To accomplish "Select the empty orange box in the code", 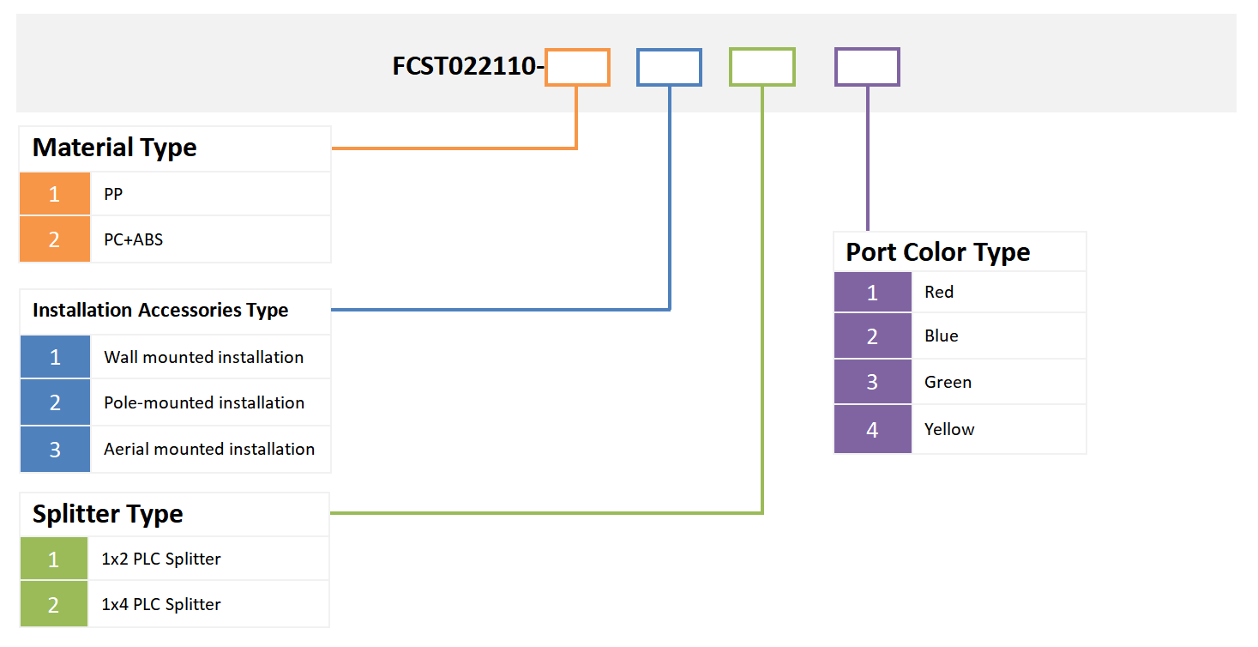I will tap(577, 68).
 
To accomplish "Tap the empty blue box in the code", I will tap(669, 68).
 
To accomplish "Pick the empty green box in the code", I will tap(761, 68).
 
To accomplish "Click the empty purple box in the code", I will tap(867, 67).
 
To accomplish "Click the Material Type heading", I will tap(114, 148).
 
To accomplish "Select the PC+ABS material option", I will tap(133, 239).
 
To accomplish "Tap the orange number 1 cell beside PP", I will tap(54, 194).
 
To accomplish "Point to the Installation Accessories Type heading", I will tap(160, 311).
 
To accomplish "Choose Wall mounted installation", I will tap(203, 357).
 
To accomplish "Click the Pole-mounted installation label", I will tap(204, 402).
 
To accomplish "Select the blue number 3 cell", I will tap(55, 449).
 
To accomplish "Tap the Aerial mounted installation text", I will tap(209, 449).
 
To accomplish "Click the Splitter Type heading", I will tap(107, 514).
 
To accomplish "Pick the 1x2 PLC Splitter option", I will tap(160, 559).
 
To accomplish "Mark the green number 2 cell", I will tap(53, 604).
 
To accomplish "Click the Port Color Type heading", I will tap(937, 252).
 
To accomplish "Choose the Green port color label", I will tap(948, 382).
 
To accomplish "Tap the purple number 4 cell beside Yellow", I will tap(872, 429).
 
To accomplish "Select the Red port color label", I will tap(939, 292).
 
